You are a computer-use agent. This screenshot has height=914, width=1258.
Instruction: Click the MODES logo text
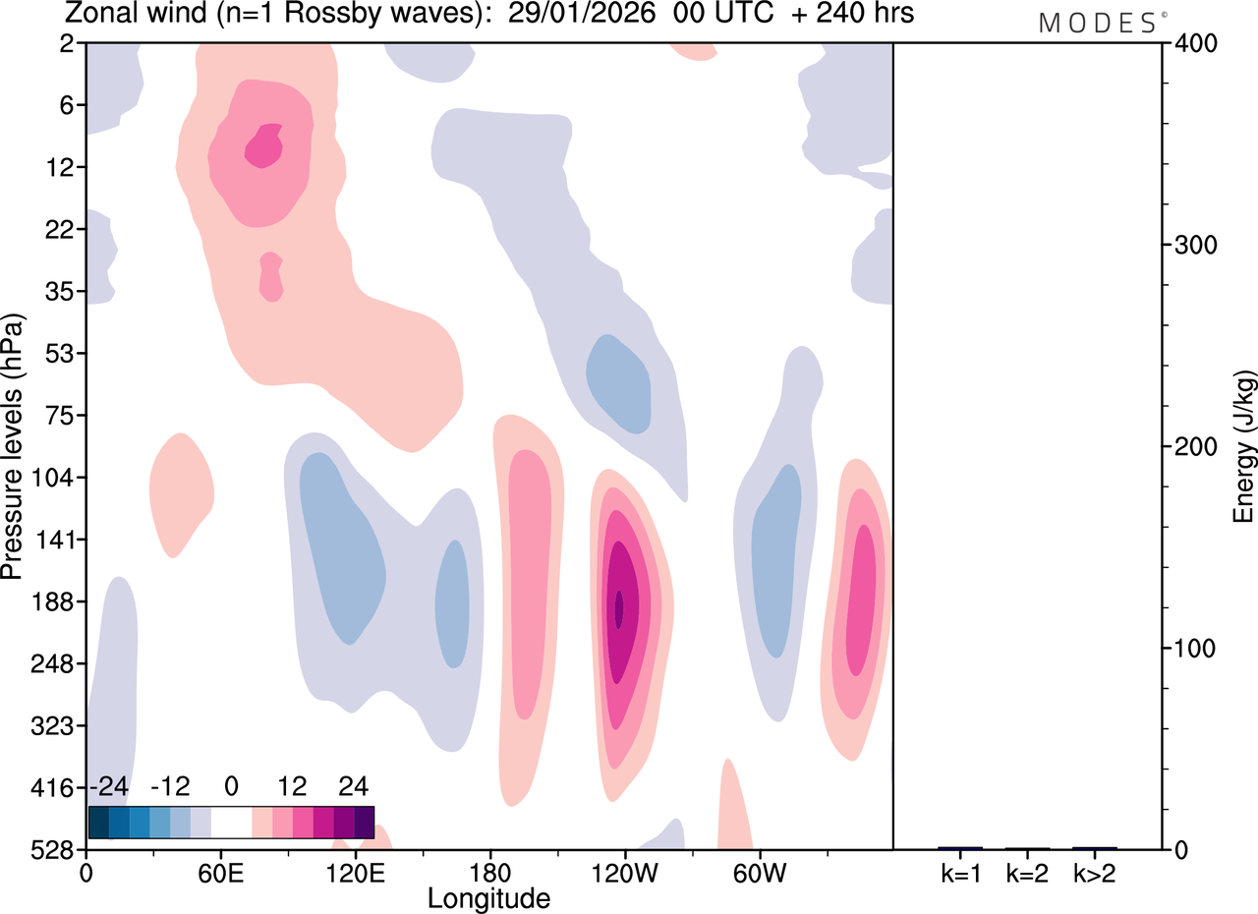(1103, 23)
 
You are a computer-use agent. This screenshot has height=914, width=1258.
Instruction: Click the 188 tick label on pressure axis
(53, 601)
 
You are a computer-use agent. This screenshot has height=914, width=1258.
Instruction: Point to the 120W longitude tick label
(624, 874)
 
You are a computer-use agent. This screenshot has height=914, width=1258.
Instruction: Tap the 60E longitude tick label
(221, 874)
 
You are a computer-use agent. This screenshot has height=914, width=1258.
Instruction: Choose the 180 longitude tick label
(490, 874)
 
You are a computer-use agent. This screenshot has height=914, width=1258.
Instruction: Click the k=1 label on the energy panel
(961, 874)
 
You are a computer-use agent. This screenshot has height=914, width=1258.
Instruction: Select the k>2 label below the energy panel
(1095, 874)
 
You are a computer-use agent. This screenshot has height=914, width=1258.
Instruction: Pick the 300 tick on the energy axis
(1196, 246)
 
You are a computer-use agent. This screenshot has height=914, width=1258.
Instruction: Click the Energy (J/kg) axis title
(1243, 446)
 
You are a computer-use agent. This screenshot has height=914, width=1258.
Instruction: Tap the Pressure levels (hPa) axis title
(13, 446)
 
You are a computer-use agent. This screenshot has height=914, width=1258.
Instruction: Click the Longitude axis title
(489, 899)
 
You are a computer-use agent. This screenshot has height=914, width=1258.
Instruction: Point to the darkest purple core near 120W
(619, 609)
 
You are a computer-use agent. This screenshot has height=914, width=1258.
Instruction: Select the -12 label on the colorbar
(170, 786)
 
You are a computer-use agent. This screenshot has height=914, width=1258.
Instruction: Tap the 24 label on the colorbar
(353, 786)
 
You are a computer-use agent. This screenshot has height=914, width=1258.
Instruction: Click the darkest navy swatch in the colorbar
(99, 823)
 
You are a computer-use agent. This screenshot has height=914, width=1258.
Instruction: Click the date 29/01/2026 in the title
(581, 13)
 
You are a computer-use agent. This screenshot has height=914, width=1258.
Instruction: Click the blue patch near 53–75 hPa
(619, 384)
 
